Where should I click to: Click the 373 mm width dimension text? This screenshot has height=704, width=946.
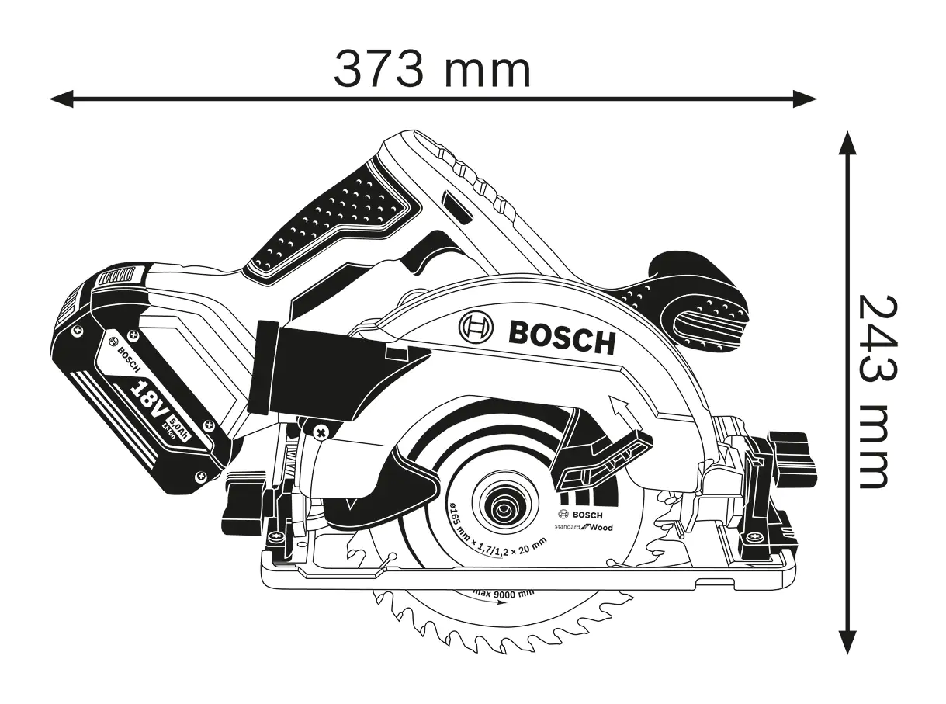pyautogui.click(x=432, y=69)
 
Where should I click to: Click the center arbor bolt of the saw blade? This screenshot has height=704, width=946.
pyautogui.click(x=504, y=509)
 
